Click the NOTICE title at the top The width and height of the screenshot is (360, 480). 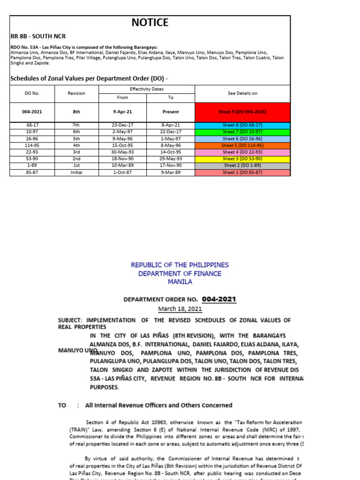150,22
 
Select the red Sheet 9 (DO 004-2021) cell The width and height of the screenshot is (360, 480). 242,112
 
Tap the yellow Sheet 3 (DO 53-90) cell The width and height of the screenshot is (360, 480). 242,159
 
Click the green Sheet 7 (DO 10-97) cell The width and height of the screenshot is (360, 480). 242,132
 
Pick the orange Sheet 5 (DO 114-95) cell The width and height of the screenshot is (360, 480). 242,145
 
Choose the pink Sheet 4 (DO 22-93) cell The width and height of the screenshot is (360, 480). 242,152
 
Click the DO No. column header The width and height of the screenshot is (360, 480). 32,93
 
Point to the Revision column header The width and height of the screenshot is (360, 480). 76,93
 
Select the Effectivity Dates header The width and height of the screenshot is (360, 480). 147,89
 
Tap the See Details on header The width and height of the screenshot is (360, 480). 242,93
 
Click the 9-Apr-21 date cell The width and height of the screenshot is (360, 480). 122,112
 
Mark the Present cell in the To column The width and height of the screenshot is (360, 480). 171,112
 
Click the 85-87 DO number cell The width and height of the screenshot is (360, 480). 32,172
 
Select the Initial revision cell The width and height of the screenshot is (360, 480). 76,172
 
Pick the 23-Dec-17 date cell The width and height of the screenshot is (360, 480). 122,125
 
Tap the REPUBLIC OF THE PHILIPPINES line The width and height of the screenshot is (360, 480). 180,265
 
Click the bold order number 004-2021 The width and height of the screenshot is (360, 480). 219,299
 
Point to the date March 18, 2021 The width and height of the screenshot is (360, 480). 180,308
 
